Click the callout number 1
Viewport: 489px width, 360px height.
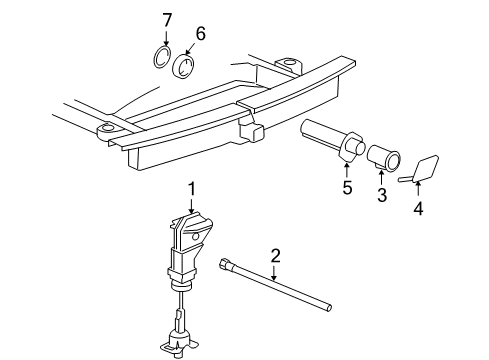(191, 189)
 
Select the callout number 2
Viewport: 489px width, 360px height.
(275, 256)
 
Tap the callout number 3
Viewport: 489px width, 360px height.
(382, 194)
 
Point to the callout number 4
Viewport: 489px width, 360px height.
(418, 208)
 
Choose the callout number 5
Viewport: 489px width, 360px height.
(347, 187)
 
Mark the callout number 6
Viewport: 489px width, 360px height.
(200, 33)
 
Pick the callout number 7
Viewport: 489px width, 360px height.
(167, 20)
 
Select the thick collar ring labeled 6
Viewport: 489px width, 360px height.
(184, 66)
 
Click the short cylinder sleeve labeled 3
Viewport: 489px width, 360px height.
(384, 157)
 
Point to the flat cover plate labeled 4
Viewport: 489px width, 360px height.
(425, 169)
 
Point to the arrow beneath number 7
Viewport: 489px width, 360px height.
(166, 37)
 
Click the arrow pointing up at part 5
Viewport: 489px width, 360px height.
(347, 170)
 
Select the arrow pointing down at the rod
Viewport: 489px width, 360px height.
(274, 272)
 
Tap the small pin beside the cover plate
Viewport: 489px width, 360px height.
(405, 179)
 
